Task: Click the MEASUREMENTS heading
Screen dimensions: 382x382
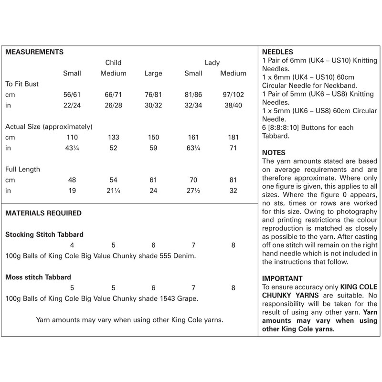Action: click(34, 51)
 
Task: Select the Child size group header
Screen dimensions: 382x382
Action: click(113, 63)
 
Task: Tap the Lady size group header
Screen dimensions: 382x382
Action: click(212, 63)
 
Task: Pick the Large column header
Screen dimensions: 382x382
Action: click(153, 74)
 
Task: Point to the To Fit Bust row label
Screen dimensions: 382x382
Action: click(21, 84)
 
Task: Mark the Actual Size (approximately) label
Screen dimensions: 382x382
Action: click(48, 127)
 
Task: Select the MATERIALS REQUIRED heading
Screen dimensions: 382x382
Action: click(43, 213)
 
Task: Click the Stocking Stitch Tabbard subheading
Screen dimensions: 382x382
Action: click(44, 234)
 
